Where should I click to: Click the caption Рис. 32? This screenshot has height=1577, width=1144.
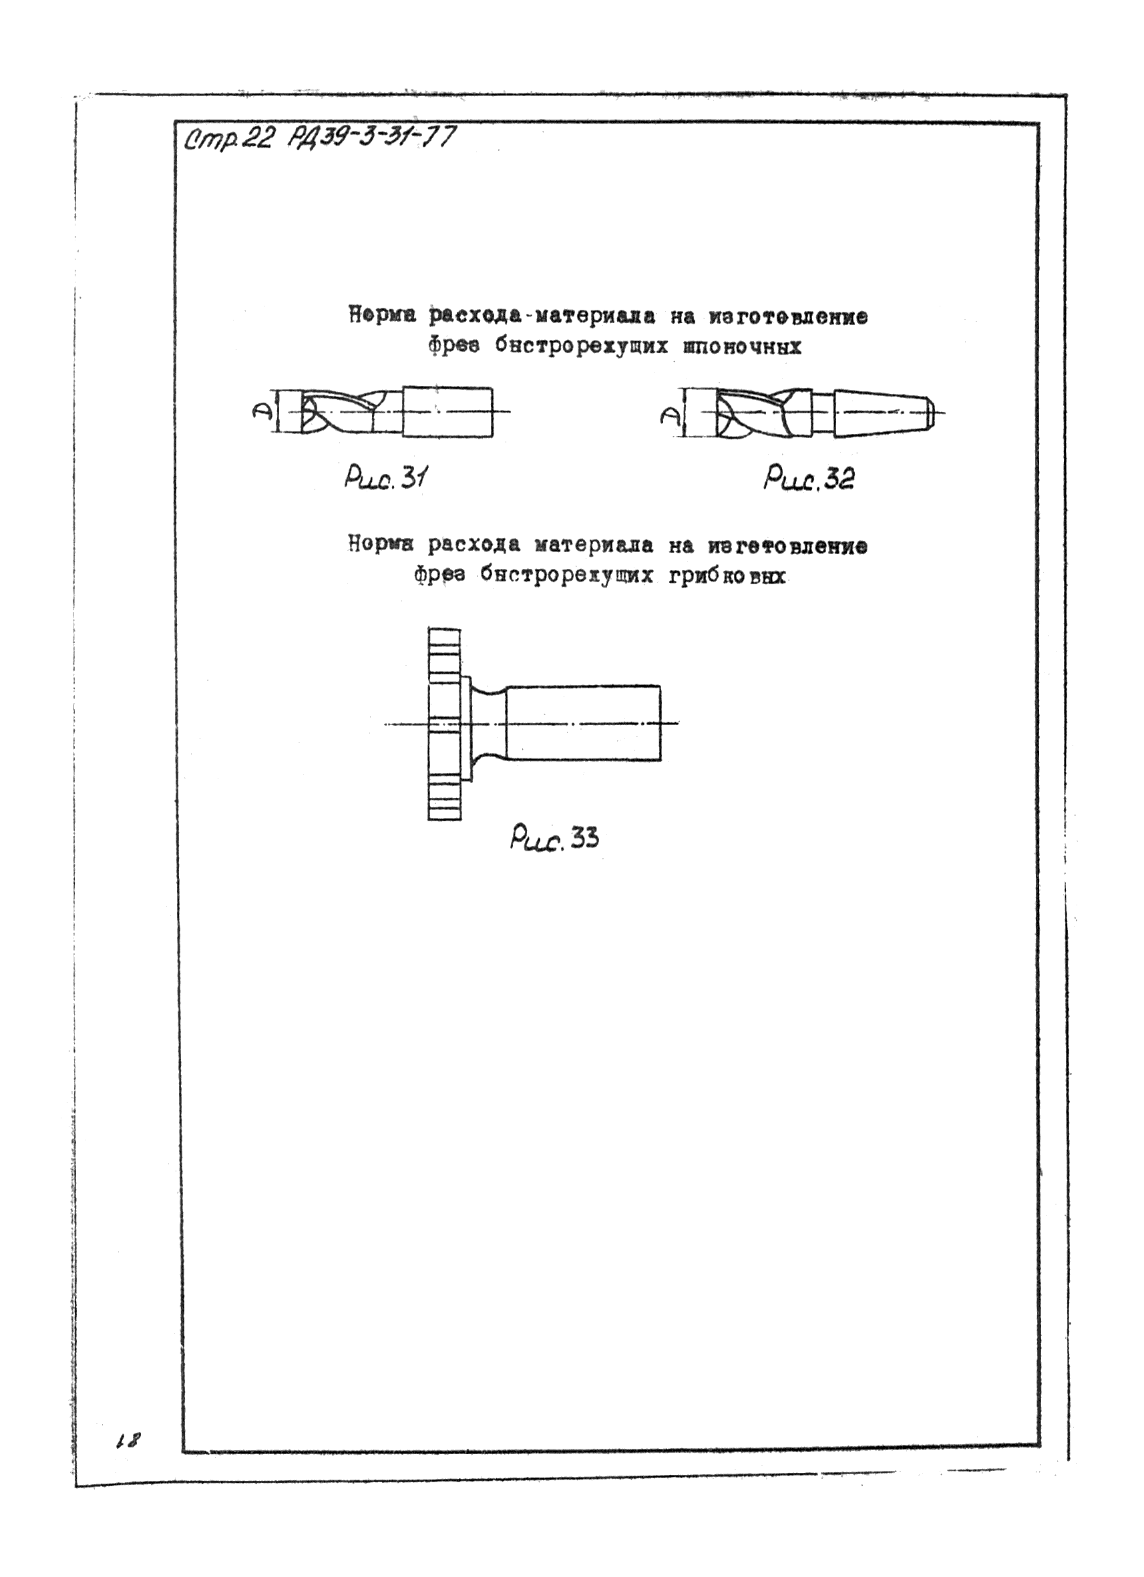(x=809, y=479)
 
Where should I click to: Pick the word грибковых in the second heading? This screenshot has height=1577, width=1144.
(x=727, y=576)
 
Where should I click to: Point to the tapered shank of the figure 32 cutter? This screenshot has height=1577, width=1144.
(x=880, y=415)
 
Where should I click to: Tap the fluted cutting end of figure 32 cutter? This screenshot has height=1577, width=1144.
(x=751, y=415)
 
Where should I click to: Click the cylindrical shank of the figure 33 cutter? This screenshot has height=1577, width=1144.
(x=582, y=723)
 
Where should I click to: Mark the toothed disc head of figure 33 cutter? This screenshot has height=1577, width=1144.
(x=443, y=724)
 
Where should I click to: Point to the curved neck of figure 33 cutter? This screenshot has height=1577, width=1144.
(x=489, y=723)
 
